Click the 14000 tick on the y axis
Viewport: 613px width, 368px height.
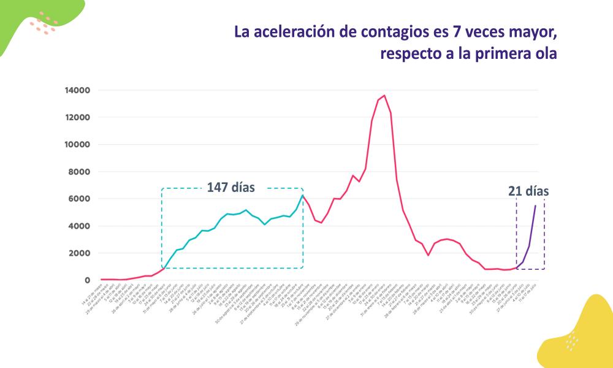77,90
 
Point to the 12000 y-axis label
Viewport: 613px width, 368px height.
77,117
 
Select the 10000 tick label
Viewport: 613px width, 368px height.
77,145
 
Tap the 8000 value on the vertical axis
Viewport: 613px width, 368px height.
80,172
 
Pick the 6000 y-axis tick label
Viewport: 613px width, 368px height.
80,199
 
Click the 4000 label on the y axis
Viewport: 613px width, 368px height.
80,226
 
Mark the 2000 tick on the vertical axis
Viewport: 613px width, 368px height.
80,253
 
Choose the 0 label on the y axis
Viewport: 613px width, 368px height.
88,280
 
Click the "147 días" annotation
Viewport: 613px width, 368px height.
230,187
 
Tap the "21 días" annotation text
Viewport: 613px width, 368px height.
528,191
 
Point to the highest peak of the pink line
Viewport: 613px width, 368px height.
384,96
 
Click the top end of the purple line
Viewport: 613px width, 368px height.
535,205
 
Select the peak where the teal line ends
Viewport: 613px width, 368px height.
302,196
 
